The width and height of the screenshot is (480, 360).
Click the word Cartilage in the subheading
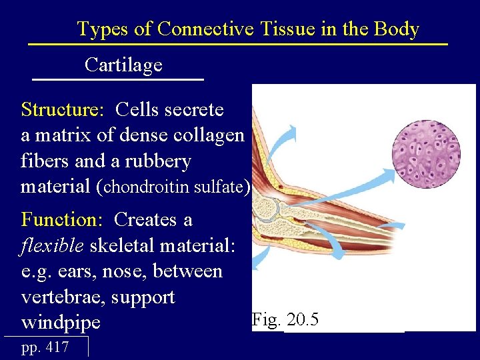tap(123, 65)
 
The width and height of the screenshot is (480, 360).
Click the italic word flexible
tap(53, 245)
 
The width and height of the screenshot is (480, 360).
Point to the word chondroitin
tap(149, 187)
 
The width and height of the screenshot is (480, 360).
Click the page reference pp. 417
tap(45, 347)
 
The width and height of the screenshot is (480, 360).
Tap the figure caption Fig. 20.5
tap(285, 320)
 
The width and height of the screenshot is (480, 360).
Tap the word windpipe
tap(61, 323)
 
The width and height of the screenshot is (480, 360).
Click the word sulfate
tap(221, 187)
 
